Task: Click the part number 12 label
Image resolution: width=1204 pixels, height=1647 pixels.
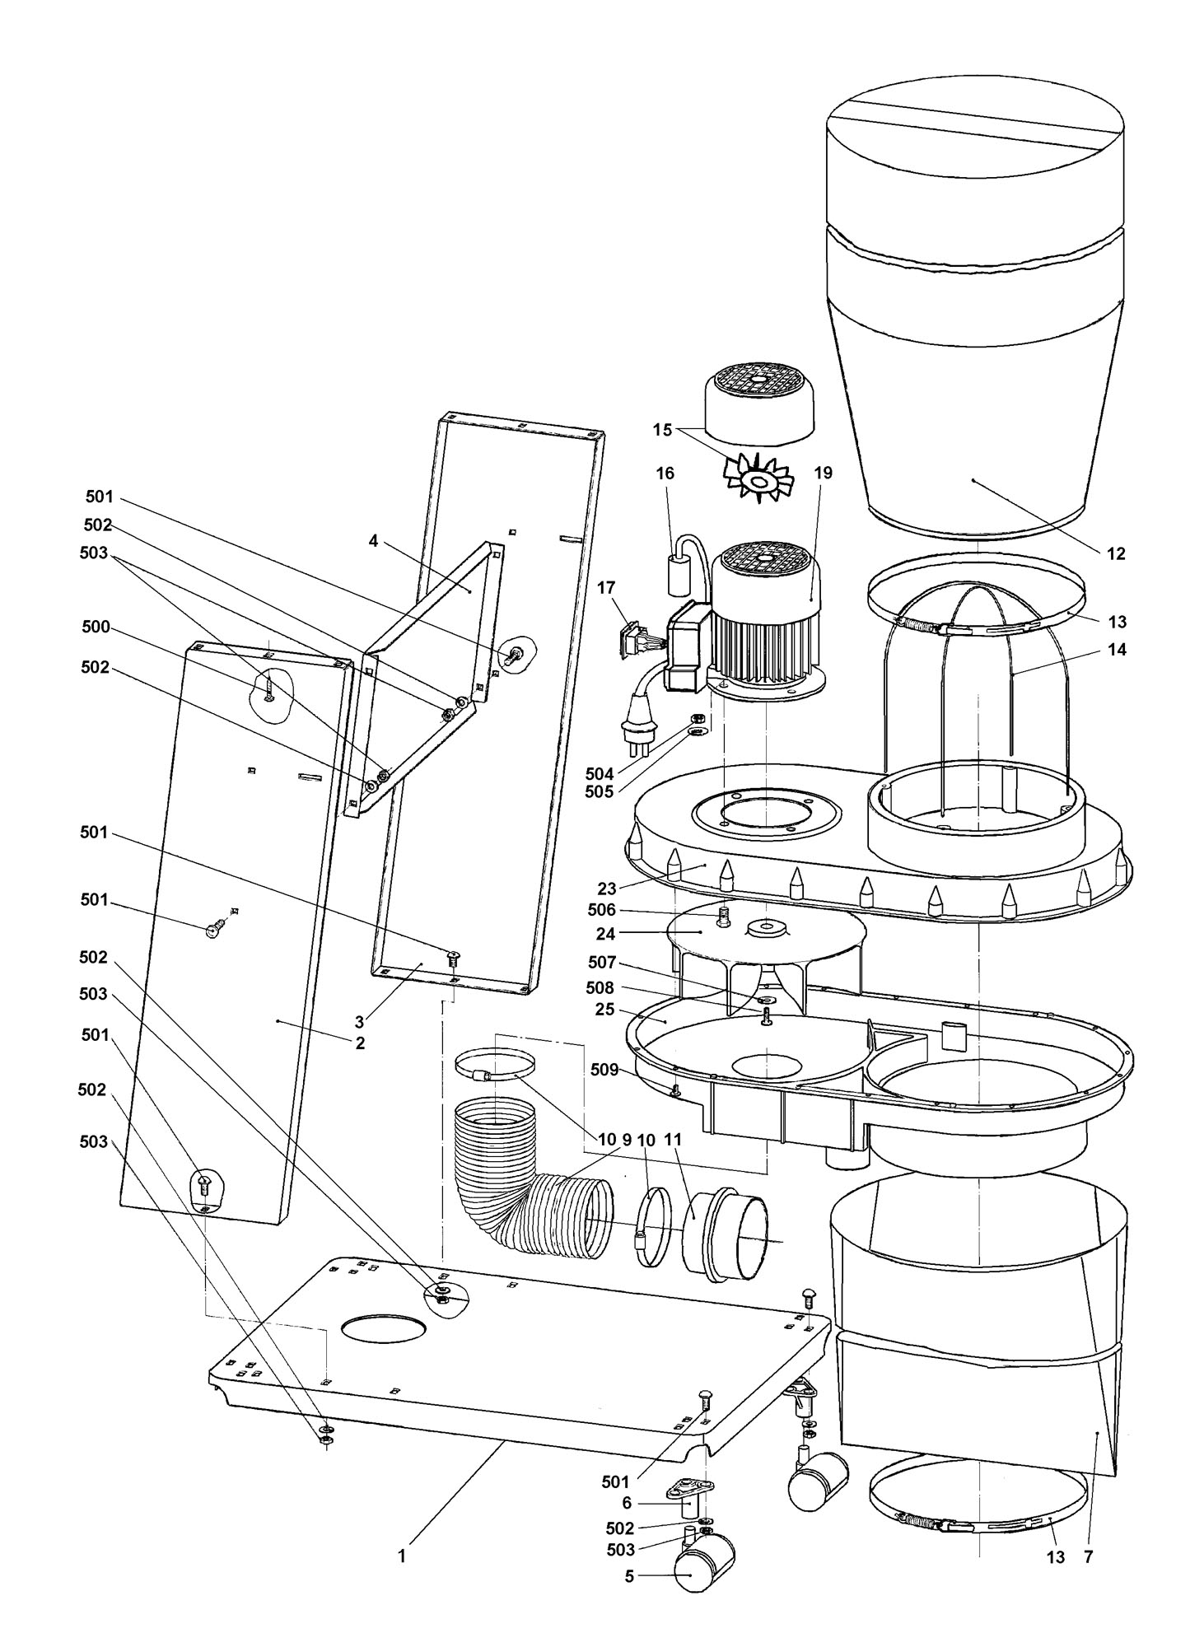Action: coord(1115,554)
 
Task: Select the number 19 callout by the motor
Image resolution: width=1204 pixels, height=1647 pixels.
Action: coord(823,473)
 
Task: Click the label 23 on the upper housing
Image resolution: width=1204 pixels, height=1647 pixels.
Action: coord(606,889)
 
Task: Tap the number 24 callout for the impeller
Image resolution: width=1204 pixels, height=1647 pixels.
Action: coord(606,935)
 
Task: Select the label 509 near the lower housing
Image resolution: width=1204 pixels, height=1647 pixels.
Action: coord(604,1070)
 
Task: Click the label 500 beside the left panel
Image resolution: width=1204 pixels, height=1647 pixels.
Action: coord(96,627)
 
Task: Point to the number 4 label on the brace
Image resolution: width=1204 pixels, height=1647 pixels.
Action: coord(373,541)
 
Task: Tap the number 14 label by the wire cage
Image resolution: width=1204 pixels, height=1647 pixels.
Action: coord(1117,650)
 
